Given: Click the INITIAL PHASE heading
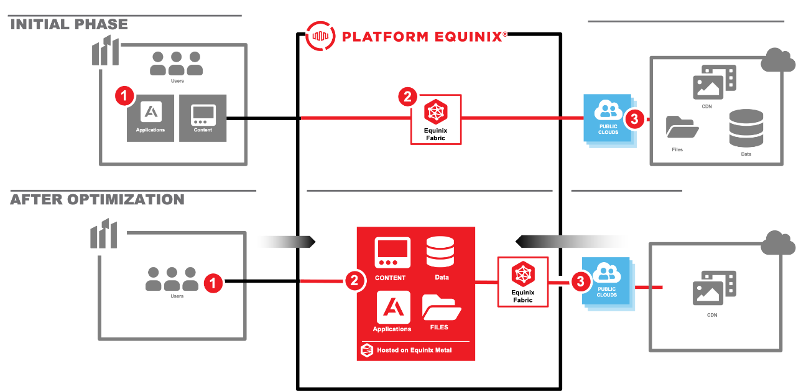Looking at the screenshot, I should (x=69, y=24).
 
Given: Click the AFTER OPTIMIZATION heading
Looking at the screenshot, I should (x=97, y=200).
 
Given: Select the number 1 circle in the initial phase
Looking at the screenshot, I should (x=124, y=97).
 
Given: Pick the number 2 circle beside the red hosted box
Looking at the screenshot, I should (x=354, y=281).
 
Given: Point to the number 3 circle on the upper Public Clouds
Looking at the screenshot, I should (x=634, y=119).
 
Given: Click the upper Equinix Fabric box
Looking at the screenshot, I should (x=436, y=120).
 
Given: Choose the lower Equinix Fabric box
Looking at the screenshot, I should (x=523, y=281).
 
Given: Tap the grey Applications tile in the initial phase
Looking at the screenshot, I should (x=150, y=118).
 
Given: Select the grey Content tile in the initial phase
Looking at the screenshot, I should (x=203, y=118).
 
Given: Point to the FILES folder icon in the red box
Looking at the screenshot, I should (x=441, y=308).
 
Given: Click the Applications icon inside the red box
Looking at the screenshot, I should (x=393, y=308).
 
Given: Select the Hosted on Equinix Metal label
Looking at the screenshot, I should (x=414, y=351).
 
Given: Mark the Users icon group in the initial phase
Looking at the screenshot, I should (x=177, y=64).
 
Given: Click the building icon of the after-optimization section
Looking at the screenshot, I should (x=104, y=235).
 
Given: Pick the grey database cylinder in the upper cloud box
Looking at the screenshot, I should (x=746, y=128).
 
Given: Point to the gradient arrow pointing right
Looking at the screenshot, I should (x=285, y=242).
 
